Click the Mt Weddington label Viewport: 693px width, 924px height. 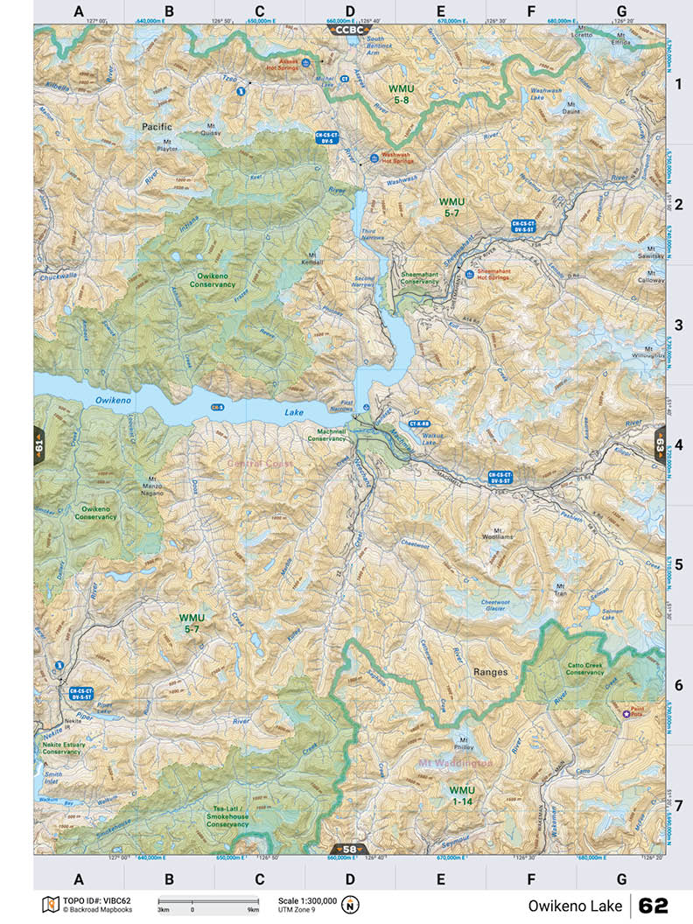455,763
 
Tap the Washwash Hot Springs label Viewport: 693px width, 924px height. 396,157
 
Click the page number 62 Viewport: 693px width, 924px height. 654,905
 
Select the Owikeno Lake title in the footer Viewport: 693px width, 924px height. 575,905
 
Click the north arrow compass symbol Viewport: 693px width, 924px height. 351,904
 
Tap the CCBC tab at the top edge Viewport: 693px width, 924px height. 349,29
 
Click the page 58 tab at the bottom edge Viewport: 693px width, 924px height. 349,849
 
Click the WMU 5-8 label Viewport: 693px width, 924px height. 402,95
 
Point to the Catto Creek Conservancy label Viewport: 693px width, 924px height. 584,668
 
